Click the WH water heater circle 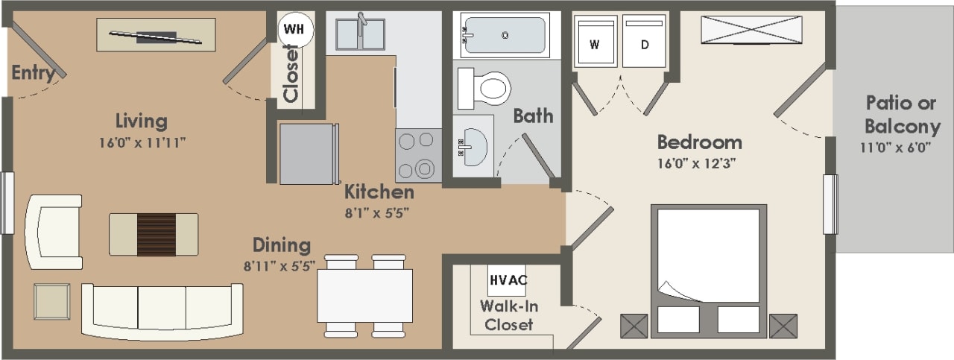pyautogui.click(x=295, y=30)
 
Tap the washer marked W pyautogui.click(x=595, y=43)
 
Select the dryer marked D pyautogui.click(x=645, y=43)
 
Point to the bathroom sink pyautogui.click(x=473, y=145)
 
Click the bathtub pyautogui.click(x=505, y=35)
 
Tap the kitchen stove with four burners pyautogui.click(x=417, y=154)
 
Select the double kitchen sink pyautogui.click(x=360, y=34)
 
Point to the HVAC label pyautogui.click(x=508, y=280)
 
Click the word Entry pyautogui.click(x=33, y=73)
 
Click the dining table pyautogui.click(x=365, y=295)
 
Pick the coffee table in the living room pyautogui.click(x=154, y=234)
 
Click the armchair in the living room pyautogui.click(x=54, y=232)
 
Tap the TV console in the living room pyautogui.click(x=156, y=35)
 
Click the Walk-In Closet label pyautogui.click(x=508, y=315)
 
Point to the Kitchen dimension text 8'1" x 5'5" pyautogui.click(x=379, y=212)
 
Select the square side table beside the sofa pyautogui.click(x=52, y=301)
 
